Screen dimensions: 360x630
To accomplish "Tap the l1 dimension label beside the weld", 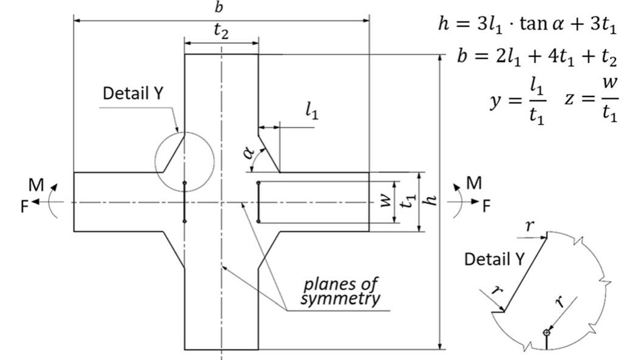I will tap(311, 111).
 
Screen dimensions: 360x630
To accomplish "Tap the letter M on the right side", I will tap(473, 184).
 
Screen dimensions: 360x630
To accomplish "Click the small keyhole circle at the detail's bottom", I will tap(547, 332).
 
